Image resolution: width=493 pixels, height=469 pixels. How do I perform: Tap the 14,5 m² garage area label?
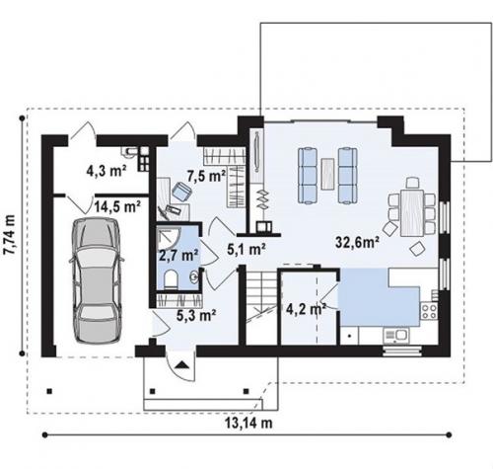(117, 206)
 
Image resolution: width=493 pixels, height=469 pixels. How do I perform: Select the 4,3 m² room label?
(106, 171)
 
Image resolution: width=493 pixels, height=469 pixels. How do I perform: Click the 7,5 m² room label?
(206, 176)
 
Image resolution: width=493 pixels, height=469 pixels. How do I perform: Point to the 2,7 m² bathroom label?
(178, 255)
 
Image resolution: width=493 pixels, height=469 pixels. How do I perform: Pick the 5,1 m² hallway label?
(246, 250)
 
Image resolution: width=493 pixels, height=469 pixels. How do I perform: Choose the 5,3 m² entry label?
(196, 315)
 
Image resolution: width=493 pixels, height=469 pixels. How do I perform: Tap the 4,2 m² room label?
(306, 309)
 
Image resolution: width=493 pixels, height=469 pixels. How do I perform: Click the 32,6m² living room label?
(358, 242)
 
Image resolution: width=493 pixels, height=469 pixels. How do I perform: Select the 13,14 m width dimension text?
(248, 423)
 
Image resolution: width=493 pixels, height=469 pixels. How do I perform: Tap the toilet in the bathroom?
(171, 279)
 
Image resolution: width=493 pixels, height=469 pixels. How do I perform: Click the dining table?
(412, 212)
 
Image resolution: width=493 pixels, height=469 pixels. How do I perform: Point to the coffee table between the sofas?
(327, 174)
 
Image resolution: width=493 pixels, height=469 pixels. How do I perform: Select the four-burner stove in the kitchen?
(429, 311)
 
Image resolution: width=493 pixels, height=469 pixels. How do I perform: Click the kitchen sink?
(395, 335)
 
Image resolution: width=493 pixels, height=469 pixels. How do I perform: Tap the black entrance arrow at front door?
(181, 365)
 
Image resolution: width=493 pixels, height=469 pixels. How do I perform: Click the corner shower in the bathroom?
(169, 238)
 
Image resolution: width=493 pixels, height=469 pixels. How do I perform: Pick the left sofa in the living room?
(308, 176)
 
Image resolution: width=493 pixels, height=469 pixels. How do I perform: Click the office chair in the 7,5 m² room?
(181, 192)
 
